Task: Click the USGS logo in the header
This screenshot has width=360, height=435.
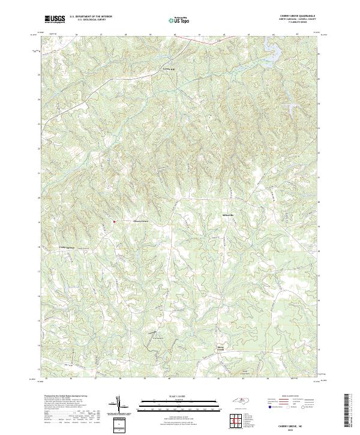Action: [x=55, y=19]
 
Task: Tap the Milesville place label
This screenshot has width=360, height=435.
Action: [x=229, y=214]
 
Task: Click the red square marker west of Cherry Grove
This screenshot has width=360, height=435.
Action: [x=114, y=221]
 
